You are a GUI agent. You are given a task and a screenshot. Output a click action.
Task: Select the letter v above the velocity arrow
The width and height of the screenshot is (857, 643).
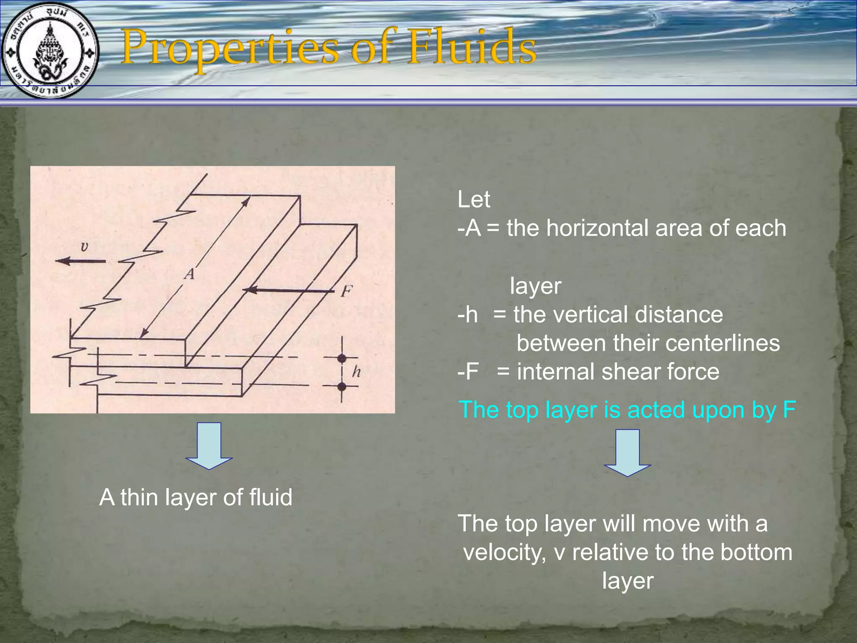[x=84, y=247]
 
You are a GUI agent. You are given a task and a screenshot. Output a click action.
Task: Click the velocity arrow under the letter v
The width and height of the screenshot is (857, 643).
[x=81, y=261]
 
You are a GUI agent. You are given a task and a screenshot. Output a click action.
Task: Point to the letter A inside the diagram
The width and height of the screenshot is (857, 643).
[x=190, y=274]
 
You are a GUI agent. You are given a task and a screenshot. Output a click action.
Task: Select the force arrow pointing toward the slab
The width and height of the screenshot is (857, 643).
[x=289, y=290]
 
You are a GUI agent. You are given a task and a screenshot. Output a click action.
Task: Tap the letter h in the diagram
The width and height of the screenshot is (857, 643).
[x=356, y=371]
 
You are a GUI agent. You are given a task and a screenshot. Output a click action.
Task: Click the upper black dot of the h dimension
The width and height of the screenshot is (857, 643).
[x=342, y=358]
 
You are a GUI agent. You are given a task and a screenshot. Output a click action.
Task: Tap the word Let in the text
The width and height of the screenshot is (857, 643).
[x=473, y=200]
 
